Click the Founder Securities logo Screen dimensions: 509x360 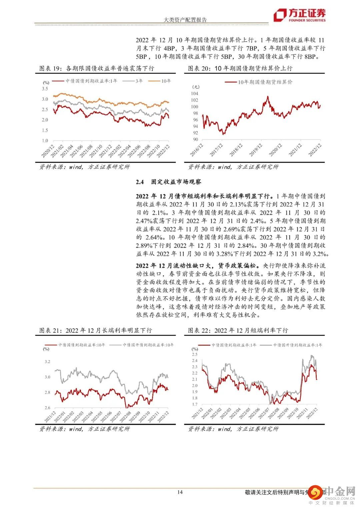pos(299,15)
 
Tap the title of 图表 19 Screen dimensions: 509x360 pos(97,68)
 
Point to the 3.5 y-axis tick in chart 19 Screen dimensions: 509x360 pos(45,89)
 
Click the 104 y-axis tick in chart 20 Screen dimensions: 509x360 pos(194,94)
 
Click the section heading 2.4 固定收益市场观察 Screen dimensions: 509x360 pos(168,182)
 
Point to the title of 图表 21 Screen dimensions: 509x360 pos(96,330)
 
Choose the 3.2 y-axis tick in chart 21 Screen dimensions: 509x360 pos(47,362)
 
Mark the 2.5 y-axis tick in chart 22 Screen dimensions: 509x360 pos(194,354)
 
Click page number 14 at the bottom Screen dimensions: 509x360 pos(180,492)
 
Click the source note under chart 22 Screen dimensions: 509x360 pos(233,429)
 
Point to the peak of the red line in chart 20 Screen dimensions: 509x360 pos(268,96)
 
